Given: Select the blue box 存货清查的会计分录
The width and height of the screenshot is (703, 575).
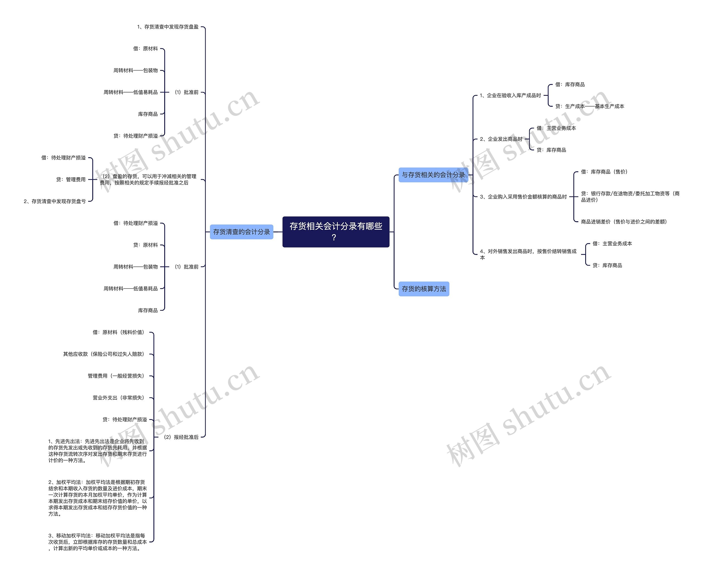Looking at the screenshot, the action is click(241, 232).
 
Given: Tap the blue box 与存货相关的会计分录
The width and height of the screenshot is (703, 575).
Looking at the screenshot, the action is click(433, 175).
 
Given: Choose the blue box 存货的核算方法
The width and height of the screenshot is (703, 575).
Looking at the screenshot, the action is click(424, 289).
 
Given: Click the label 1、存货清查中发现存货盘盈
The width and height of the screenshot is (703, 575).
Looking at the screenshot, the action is click(168, 27).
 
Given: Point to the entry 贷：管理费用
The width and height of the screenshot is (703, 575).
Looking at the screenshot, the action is click(71, 179).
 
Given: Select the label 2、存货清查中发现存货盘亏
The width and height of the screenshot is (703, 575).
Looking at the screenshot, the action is click(55, 201).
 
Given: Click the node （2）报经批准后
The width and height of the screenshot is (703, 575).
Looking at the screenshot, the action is click(181, 437).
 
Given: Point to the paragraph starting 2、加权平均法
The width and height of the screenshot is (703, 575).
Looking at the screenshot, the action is click(97, 498).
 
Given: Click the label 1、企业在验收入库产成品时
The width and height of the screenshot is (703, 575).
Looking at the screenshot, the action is click(510, 96).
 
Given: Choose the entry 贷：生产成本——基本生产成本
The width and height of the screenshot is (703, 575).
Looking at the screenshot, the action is click(590, 106).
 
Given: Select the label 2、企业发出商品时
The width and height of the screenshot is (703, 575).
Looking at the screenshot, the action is click(501, 139).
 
